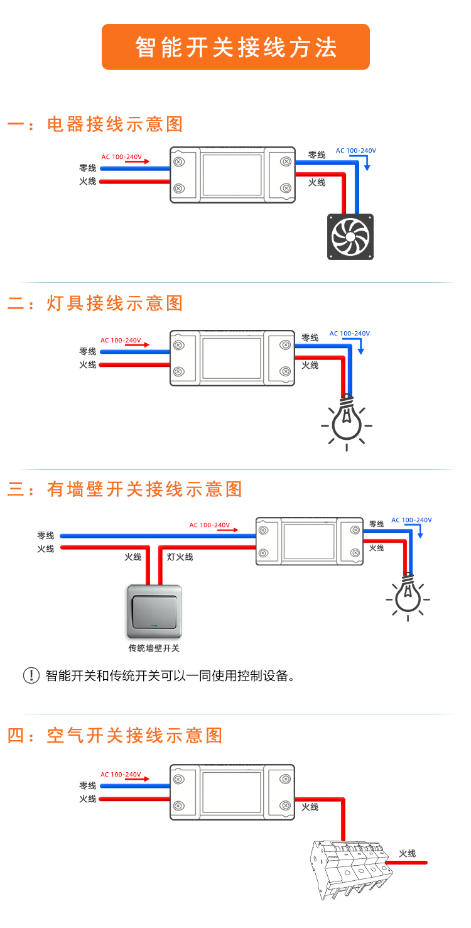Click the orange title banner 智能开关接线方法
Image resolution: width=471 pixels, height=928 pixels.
click(x=235, y=47)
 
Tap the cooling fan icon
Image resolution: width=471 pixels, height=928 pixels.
click(x=350, y=237)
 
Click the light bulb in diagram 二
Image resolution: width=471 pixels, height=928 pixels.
click(x=346, y=421)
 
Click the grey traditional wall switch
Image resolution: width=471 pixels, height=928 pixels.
click(x=154, y=611)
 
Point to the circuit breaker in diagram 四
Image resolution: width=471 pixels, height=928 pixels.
click(x=349, y=867)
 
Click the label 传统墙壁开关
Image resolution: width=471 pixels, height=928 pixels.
click(x=154, y=648)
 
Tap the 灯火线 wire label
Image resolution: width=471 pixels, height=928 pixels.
click(x=180, y=557)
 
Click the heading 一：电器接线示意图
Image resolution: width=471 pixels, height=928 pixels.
click(x=95, y=124)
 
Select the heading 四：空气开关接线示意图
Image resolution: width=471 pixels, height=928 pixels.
click(x=116, y=735)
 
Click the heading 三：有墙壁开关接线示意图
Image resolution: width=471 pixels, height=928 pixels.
click(x=125, y=489)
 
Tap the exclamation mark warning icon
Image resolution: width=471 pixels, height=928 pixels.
click(x=31, y=676)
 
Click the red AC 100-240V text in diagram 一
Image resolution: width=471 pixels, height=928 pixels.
click(x=121, y=156)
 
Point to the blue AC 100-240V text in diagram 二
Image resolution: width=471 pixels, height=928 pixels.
click(x=350, y=334)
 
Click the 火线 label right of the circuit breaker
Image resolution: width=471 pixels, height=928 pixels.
click(x=407, y=853)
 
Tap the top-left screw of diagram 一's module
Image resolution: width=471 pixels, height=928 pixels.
click(x=179, y=161)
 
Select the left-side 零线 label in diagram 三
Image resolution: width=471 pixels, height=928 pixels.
click(x=45, y=535)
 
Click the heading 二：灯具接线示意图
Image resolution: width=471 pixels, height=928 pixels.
click(x=95, y=303)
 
